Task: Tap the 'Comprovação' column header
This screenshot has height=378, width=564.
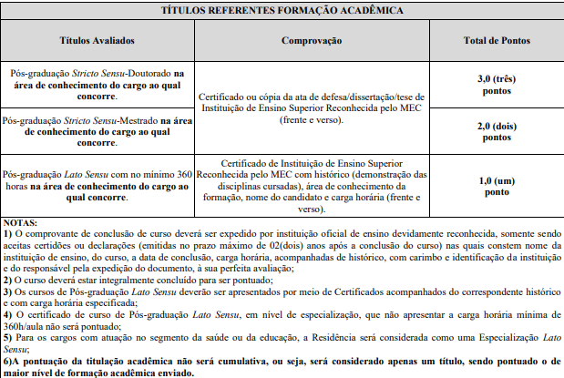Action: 312,41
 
